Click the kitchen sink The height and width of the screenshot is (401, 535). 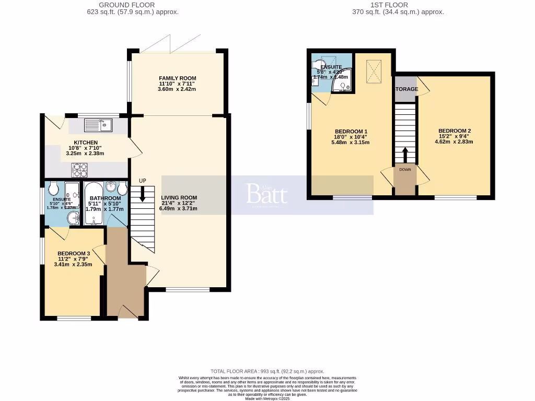coord(98,125)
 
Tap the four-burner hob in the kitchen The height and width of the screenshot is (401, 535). coord(79,169)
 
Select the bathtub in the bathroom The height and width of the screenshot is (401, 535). coord(94,204)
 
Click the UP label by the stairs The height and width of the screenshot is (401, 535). coord(142,181)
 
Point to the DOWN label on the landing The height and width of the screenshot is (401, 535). coord(405,170)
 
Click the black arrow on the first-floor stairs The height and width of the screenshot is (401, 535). coord(405,155)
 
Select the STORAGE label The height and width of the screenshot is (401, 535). coord(406,89)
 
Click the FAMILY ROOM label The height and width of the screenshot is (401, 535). coord(178,78)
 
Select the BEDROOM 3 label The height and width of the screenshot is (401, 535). coord(73,254)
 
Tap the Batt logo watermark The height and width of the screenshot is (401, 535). coord(266,194)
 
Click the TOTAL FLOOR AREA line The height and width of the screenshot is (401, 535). coord(267,370)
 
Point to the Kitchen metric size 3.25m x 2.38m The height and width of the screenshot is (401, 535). coord(86,154)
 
